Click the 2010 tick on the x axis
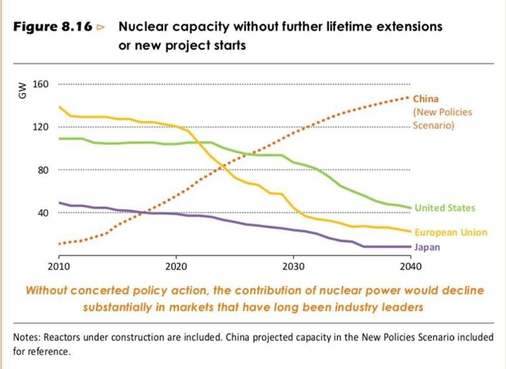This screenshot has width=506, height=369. pyautogui.click(x=59, y=267)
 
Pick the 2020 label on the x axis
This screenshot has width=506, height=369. pyautogui.click(x=176, y=267)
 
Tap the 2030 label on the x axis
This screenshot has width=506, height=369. pyautogui.click(x=293, y=267)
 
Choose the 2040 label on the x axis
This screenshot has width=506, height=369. pyautogui.click(x=410, y=267)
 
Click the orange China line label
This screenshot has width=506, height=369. pyautogui.click(x=425, y=99)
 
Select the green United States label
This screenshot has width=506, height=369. pyautogui.click(x=445, y=208)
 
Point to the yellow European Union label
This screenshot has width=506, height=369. pyautogui.click(x=450, y=232)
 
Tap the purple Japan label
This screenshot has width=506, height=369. pyautogui.click(x=427, y=247)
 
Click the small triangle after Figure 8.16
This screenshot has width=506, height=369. pyautogui.click(x=101, y=27)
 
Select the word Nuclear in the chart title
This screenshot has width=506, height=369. pyautogui.click(x=140, y=27)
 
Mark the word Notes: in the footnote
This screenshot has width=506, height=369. pyautogui.click(x=26, y=337)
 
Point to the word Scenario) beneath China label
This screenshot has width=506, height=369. pyautogui.click(x=433, y=125)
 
